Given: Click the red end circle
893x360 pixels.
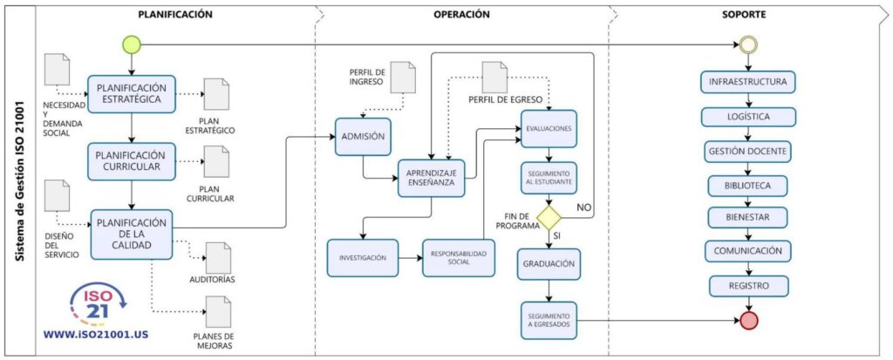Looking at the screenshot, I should click(x=748, y=320).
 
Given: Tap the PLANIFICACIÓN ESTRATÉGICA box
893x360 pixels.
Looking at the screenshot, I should click(x=130, y=93).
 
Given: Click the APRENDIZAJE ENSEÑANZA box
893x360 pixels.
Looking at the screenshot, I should click(x=431, y=178).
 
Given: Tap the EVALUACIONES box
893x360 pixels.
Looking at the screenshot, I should click(x=549, y=128).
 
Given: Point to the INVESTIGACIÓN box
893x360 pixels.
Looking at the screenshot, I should click(x=363, y=258).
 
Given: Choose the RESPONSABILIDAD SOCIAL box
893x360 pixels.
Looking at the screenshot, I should click(x=458, y=258).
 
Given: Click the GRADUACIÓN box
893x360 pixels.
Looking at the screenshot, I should click(x=549, y=262).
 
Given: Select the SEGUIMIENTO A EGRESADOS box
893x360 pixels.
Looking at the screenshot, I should click(x=549, y=320).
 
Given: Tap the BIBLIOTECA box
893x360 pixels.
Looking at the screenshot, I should click(x=748, y=185).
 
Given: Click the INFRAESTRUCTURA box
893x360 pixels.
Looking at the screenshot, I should click(x=748, y=83).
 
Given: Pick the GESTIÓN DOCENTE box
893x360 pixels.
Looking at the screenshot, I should click(x=748, y=151).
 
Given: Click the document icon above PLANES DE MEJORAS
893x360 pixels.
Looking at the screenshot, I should click(x=215, y=311).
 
